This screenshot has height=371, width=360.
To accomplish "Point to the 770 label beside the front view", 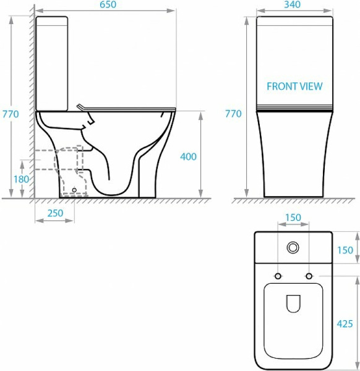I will click(233, 114).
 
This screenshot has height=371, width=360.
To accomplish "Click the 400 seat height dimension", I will click(188, 156).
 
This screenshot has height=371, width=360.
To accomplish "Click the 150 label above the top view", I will click(293, 218).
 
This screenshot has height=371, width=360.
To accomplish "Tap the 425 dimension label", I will click(345, 323).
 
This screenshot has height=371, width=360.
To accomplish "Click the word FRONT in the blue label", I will click(280, 87).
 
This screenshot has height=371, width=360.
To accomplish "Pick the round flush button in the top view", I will click(293, 248).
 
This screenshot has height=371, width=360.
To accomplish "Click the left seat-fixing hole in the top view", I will click(278, 275).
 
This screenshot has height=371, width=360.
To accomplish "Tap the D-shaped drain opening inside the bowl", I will click(293, 304).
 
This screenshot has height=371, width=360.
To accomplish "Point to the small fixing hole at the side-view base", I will click(74, 190).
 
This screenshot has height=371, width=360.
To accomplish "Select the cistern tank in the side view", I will click(52, 62).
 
